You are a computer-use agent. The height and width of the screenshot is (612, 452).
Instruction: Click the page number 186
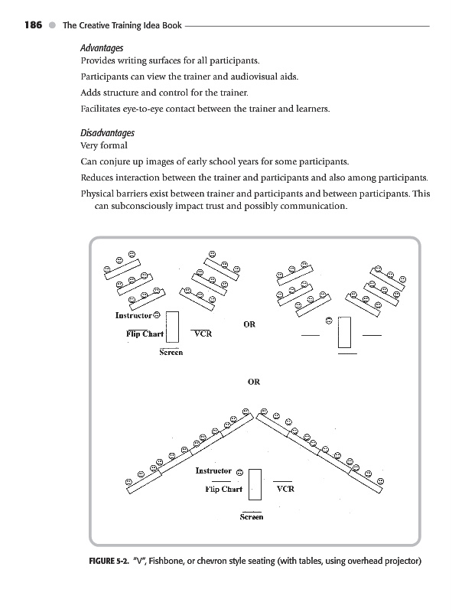[x=33, y=25]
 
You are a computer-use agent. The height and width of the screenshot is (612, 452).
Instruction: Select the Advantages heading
[x=102, y=48]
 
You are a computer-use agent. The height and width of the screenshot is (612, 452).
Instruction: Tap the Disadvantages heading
[x=107, y=133]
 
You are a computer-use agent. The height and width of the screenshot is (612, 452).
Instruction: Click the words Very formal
[x=104, y=145]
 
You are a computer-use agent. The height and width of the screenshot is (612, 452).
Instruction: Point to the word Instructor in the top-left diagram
[x=134, y=315]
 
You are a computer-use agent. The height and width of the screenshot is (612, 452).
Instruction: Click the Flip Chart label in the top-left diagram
[x=145, y=334]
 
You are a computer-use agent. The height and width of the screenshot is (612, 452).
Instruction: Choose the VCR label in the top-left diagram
[x=203, y=334]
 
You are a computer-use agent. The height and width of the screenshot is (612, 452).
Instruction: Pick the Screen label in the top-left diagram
[x=171, y=353]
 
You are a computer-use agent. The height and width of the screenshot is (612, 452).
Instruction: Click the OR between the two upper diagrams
[x=249, y=324]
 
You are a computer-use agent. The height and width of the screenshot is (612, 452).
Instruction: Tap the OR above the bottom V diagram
[x=254, y=382]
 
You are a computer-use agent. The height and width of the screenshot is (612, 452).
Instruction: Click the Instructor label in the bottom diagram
[x=213, y=470]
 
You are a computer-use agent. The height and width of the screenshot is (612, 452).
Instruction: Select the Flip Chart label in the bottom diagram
[x=223, y=489]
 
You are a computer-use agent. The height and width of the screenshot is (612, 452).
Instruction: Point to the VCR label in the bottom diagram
[x=285, y=489]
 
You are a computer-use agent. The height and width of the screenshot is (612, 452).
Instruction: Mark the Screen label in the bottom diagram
[x=252, y=517]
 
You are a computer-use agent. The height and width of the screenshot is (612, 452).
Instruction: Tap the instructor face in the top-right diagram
[x=329, y=321]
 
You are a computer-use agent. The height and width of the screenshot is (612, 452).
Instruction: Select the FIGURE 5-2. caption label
[x=109, y=562]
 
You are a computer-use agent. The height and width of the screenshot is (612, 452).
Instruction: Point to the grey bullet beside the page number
[x=52, y=25]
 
